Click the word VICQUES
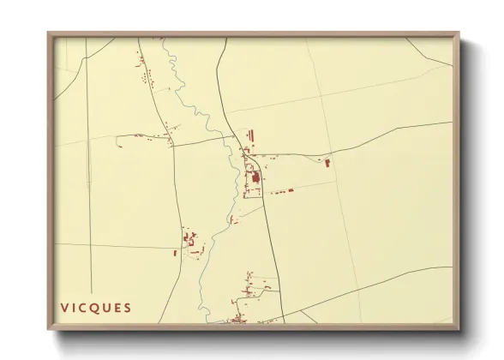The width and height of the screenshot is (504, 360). (96, 308)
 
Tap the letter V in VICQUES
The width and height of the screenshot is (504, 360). (65, 308)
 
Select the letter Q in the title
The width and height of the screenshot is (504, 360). (95, 308)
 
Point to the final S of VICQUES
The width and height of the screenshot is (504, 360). (128, 308)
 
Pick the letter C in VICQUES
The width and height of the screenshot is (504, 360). (84, 308)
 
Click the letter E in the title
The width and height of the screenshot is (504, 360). (117, 308)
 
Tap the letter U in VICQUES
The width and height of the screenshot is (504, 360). (106, 308)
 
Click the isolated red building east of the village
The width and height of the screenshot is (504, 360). (327, 161)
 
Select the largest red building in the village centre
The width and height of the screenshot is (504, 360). (255, 178)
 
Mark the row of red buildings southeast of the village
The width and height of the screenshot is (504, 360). (283, 190)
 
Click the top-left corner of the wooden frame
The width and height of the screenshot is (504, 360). (48, 33)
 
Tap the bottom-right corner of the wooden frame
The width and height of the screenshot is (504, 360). (459, 330)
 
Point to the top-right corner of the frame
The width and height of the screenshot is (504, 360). (459, 33)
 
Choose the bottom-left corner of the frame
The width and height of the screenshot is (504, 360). (48, 330)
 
